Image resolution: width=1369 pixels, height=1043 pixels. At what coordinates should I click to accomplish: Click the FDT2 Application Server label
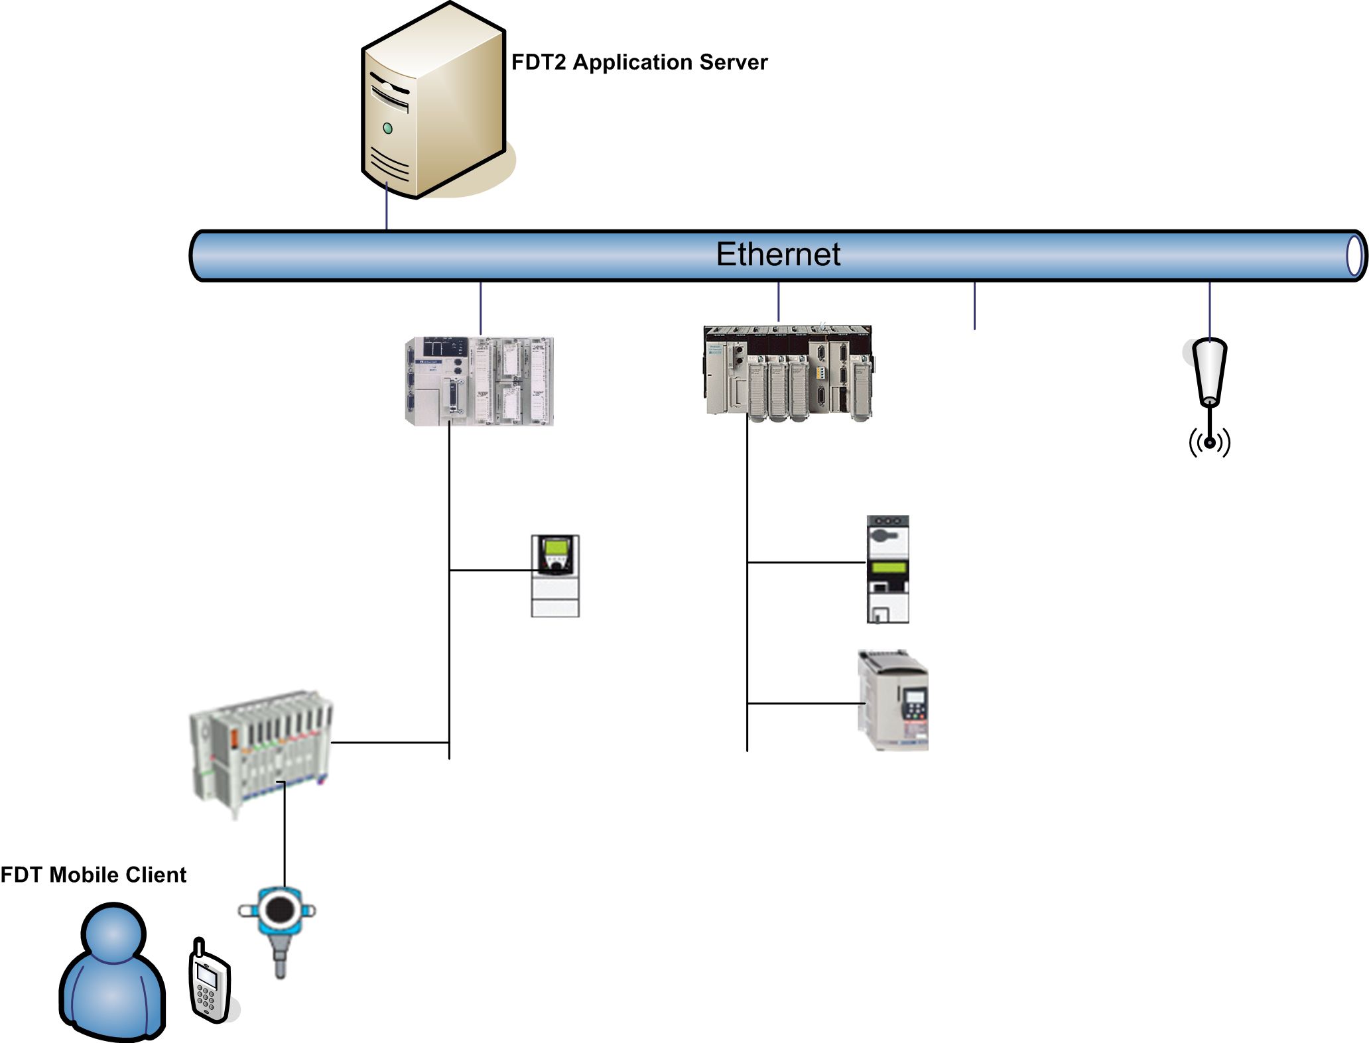coord(639,62)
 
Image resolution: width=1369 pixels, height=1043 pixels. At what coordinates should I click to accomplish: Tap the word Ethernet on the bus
coord(778,255)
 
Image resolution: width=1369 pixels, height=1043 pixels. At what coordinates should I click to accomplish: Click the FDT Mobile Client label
coord(94,875)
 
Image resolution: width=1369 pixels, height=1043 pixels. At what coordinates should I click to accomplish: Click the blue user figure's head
coord(113,934)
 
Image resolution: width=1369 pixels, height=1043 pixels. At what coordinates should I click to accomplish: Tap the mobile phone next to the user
coord(210,979)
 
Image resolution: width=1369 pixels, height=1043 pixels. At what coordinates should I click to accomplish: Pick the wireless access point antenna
coord(1210,371)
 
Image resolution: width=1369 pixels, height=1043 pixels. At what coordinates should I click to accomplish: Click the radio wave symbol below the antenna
coord(1210,442)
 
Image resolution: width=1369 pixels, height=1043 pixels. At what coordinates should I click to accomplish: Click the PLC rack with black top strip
coord(788,371)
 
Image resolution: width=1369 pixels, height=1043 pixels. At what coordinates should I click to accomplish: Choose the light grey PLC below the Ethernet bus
coord(479,381)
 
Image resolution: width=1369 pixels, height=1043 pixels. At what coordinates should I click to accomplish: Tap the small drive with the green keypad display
coord(555,576)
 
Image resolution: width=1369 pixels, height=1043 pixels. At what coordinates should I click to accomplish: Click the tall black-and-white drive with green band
coord(887,569)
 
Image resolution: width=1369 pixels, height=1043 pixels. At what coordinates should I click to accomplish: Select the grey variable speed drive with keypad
coord(893,700)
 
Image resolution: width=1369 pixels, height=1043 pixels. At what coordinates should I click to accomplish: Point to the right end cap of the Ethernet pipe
coord(1354,256)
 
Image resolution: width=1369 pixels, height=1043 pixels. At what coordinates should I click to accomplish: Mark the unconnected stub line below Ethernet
coord(974,306)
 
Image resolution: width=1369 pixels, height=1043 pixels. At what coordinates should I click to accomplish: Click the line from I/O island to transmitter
coord(285,835)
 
